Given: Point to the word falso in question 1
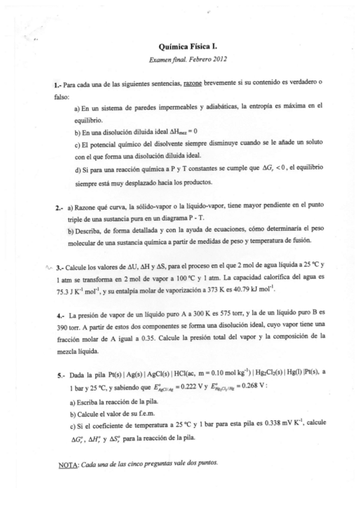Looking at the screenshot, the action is click(62, 95).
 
